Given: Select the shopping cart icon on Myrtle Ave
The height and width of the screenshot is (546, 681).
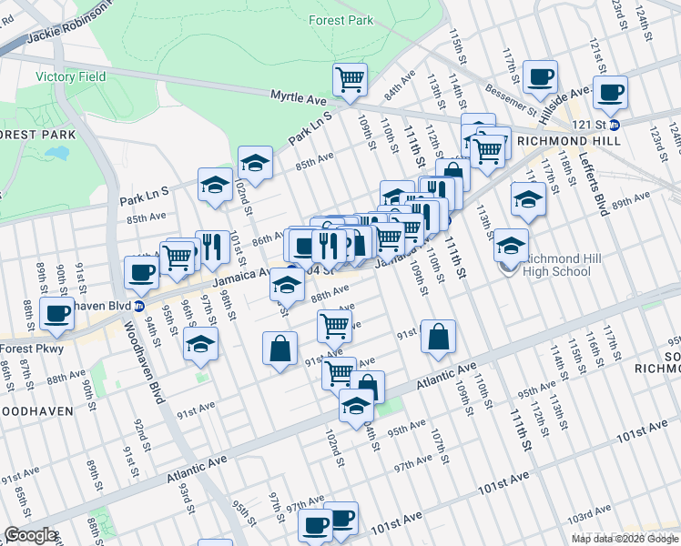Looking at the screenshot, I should [349, 80].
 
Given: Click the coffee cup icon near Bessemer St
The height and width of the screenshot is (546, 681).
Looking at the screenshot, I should [541, 77].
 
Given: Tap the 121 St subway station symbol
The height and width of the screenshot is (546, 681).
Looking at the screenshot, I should [615, 126].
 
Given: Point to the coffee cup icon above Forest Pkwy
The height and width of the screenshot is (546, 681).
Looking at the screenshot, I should [56, 315].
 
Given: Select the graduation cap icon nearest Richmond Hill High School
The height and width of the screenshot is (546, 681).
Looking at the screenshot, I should [512, 245].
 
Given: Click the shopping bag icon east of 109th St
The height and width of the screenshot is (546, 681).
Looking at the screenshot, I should [438, 337].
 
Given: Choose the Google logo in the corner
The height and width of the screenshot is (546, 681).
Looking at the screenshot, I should [29, 535].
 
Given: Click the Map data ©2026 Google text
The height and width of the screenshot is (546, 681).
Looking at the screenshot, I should [625, 539].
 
